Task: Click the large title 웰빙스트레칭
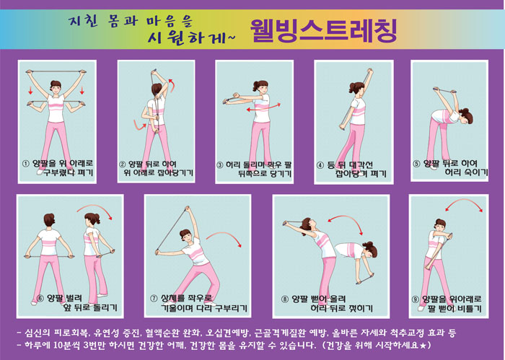pyautogui.click(x=323, y=30)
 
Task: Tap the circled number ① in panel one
pyautogui.click(x=26, y=164)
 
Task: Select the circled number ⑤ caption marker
pyautogui.click(x=417, y=164)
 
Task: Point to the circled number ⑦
pyautogui.click(x=154, y=299)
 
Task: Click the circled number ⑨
pyautogui.click(x=416, y=299)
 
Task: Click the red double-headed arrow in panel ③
pyautogui.click(x=263, y=107)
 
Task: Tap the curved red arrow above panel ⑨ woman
pyautogui.click(x=464, y=203)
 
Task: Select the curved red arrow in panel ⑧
pyautogui.click(x=347, y=221)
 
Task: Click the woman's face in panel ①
pyautogui.click(x=56, y=88)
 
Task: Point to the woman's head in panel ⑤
pyautogui.click(x=466, y=116)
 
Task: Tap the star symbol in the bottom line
pyautogui.click(x=423, y=346)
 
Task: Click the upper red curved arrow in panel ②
pyautogui.click(x=172, y=84)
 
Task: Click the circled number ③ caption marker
pyautogui.click(x=219, y=165)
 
